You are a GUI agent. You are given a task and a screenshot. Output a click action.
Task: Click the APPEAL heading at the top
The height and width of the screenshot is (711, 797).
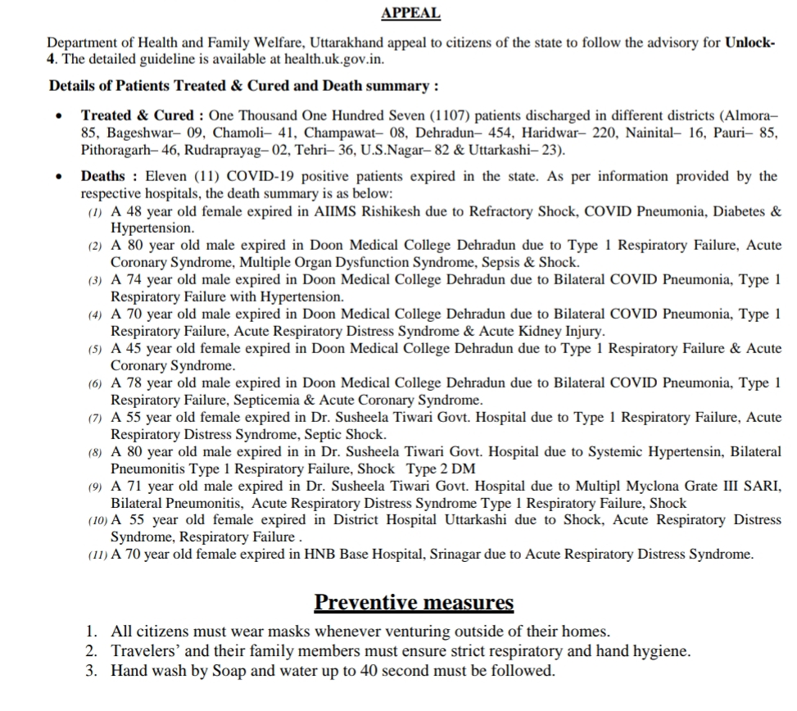pos(410,13)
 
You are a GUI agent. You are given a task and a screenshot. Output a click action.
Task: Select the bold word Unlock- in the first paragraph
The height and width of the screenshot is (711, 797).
pos(749,43)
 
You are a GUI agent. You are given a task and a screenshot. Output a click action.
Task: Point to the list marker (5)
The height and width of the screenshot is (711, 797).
pos(95,349)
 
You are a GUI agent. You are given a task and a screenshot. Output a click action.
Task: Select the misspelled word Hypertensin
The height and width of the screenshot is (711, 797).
pos(686,452)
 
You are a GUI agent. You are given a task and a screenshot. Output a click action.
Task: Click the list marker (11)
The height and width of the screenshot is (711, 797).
pos(97,555)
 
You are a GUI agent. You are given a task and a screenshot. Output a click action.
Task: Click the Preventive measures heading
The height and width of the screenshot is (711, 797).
pos(414,603)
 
